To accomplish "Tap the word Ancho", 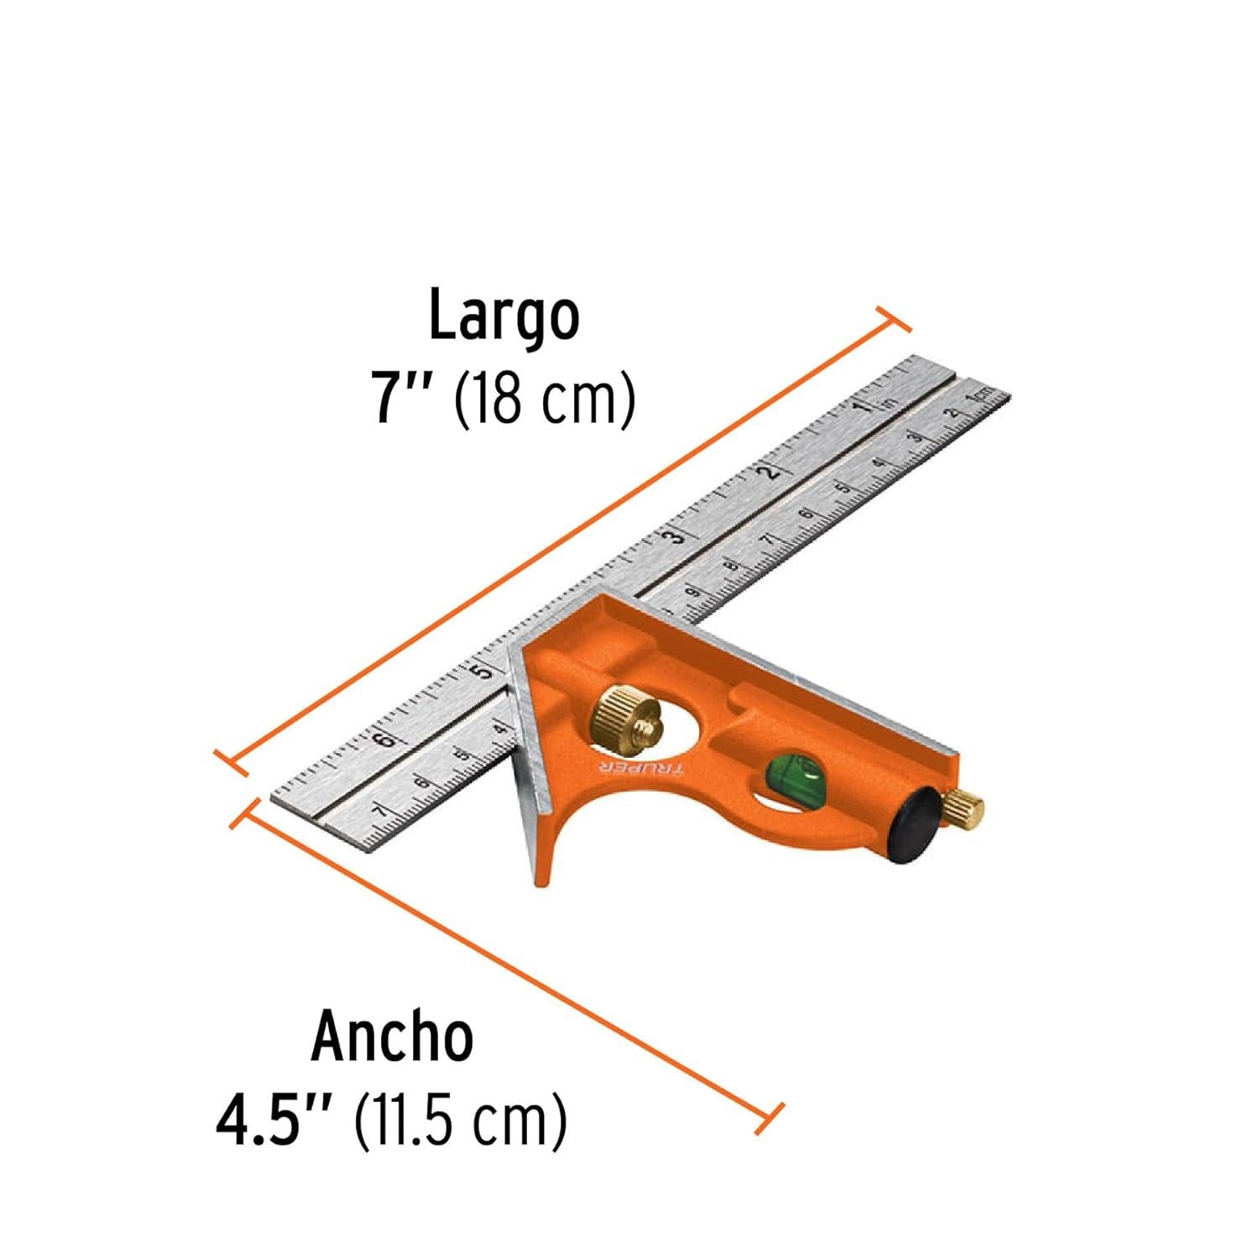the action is tap(392, 1038).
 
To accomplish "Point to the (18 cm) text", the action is tap(544, 401).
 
